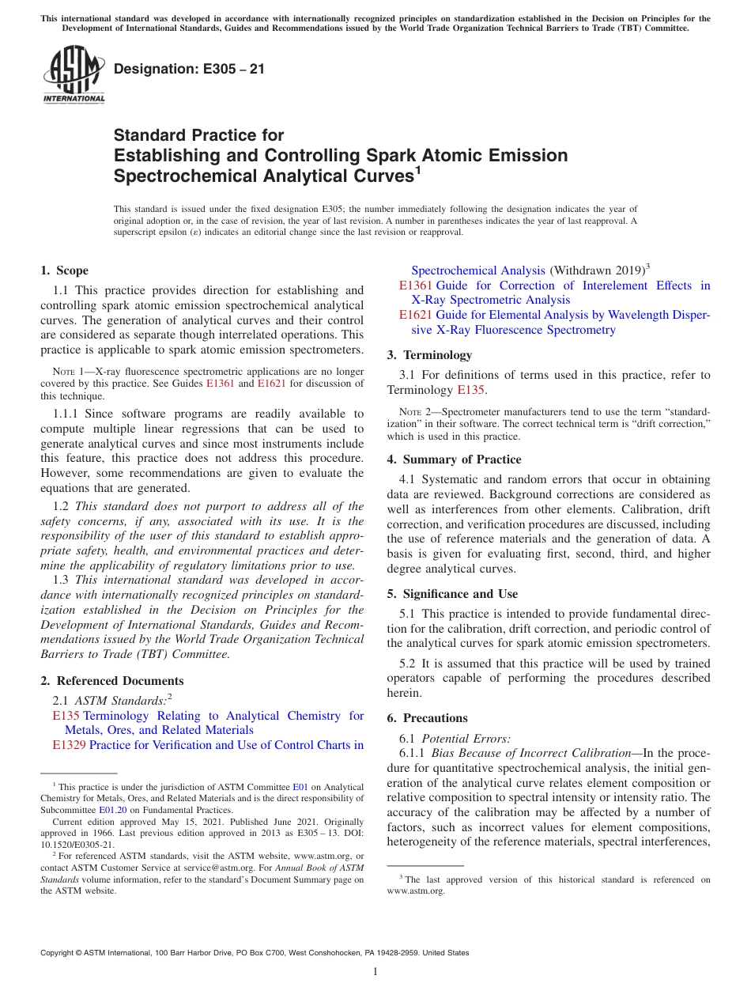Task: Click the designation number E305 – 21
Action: [189, 69]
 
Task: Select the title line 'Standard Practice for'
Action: [198, 135]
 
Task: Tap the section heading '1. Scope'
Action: [64, 270]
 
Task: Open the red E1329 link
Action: [69, 745]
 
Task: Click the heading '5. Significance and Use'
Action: [452, 594]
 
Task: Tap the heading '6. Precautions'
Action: [428, 718]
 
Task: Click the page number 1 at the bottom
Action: [375, 972]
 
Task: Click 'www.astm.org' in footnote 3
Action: [416, 891]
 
